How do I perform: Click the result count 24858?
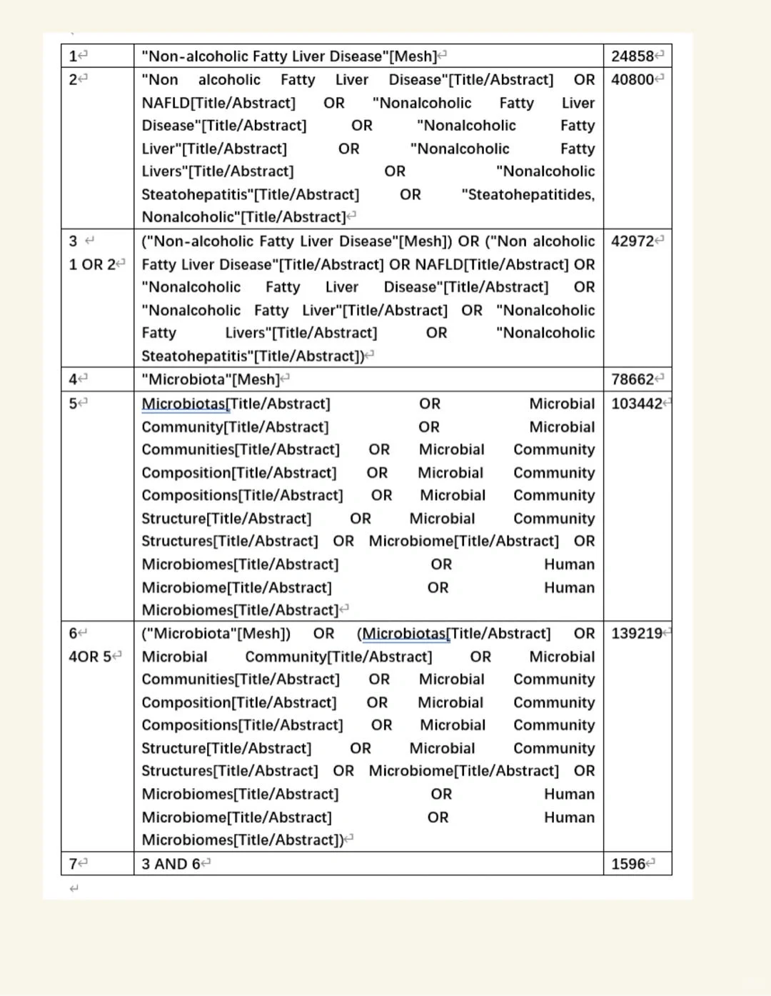tap(633, 56)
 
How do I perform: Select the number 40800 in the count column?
tap(633, 80)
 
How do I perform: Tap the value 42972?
tap(633, 241)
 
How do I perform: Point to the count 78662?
tap(633, 379)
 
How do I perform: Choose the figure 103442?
tap(637, 404)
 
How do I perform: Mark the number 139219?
tap(637, 634)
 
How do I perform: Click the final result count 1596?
tap(628, 865)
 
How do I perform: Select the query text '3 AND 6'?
tap(171, 865)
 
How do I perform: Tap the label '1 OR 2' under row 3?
tap(91, 264)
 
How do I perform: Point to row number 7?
tap(73, 865)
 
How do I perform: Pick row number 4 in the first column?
tap(73, 379)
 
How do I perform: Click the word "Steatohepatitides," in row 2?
tap(528, 195)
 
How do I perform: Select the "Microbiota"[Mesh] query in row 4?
tap(211, 379)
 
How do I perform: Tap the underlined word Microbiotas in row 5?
tap(183, 404)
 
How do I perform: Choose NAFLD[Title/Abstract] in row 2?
tap(218, 104)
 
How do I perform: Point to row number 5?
tap(73, 404)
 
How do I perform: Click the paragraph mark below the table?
tap(74, 888)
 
